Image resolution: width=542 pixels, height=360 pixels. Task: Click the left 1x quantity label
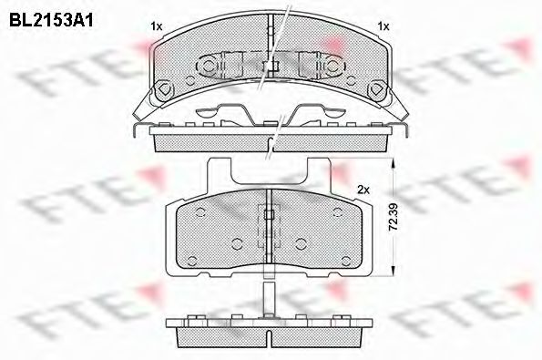click(156, 26)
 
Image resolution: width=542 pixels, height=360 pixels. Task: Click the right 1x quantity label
click(383, 26)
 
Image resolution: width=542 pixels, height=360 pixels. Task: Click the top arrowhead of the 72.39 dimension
click(392, 165)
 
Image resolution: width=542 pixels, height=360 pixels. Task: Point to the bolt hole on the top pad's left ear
click(165, 90)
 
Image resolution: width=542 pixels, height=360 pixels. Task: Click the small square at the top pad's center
click(270, 66)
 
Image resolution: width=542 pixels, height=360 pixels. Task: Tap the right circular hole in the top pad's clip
click(321, 66)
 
